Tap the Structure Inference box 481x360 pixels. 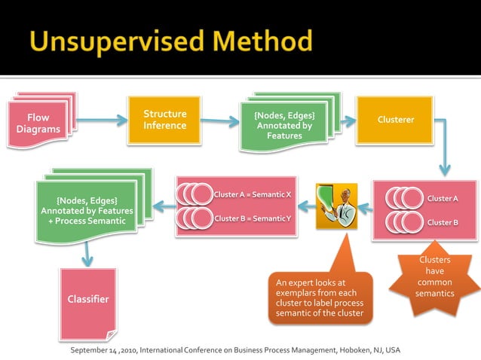[x=164, y=120]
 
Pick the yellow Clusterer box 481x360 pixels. [x=395, y=120]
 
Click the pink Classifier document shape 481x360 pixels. [x=87, y=301]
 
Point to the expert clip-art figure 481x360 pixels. [x=336, y=206]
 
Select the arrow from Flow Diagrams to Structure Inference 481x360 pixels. [x=100, y=120]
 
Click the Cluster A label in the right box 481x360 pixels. [x=443, y=198]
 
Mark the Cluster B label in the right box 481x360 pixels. [x=443, y=222]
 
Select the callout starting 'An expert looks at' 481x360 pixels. [x=320, y=297]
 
